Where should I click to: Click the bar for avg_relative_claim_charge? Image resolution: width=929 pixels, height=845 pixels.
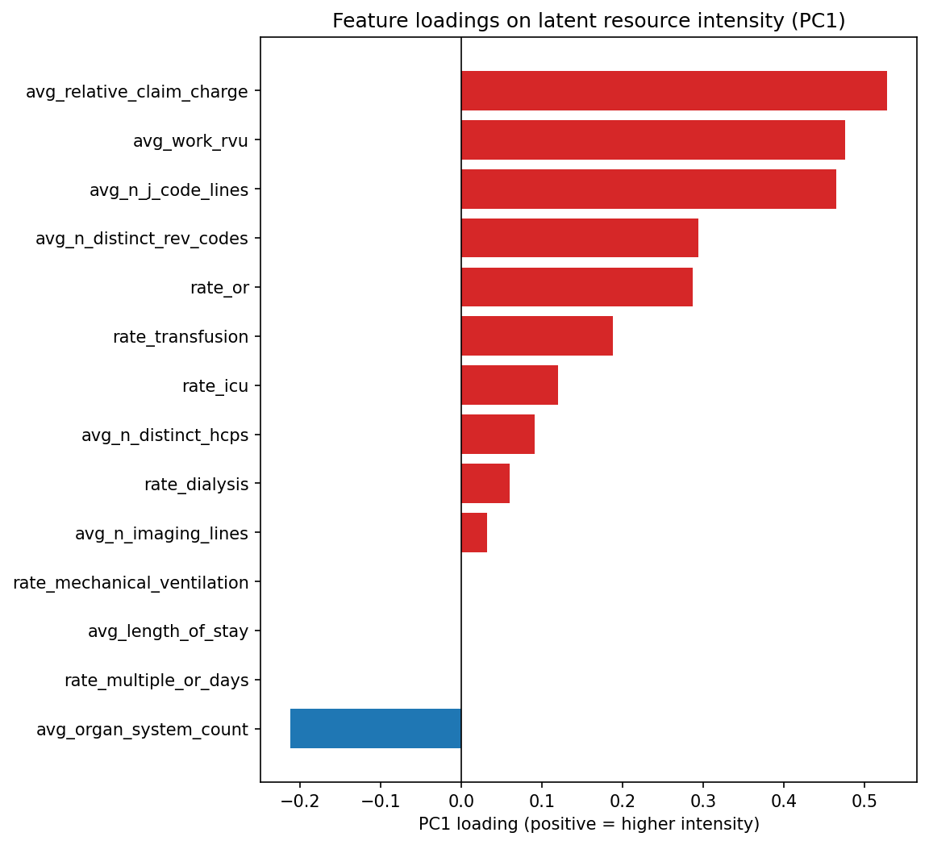673,91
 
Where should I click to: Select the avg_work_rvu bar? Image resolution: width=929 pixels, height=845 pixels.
652,140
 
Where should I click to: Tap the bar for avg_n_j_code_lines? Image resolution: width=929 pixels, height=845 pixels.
648,189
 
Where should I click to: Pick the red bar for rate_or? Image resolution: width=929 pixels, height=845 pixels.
577,288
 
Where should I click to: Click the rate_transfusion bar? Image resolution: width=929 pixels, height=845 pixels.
536,336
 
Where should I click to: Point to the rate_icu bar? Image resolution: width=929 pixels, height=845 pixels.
509,385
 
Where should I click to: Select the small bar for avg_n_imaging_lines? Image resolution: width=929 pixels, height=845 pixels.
474,533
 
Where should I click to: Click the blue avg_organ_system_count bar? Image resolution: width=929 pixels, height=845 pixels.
376,729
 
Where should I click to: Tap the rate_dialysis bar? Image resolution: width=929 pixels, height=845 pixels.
485,484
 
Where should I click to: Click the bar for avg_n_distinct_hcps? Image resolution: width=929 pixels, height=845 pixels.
498,435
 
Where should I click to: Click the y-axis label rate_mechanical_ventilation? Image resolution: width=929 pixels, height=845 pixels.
131,582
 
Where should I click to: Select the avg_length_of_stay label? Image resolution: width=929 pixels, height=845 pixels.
168,631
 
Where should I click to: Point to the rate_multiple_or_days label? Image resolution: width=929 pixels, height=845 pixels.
156,681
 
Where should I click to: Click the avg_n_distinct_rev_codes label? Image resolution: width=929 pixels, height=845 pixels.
142,239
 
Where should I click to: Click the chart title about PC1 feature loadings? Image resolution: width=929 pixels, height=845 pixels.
589,22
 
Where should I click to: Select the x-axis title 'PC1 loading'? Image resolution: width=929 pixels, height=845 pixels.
589,824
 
